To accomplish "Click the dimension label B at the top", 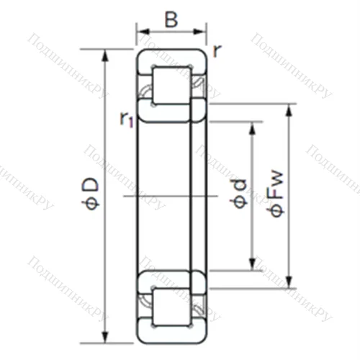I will tap(171, 19).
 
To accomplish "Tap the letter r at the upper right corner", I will tap(217, 50).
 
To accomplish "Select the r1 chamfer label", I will tap(127, 119).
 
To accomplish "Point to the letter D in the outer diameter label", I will tap(91, 185).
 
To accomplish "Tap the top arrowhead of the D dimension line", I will tap(106, 54).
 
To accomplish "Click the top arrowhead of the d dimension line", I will tap(252, 127).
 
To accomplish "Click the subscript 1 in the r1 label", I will tap(131, 122).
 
